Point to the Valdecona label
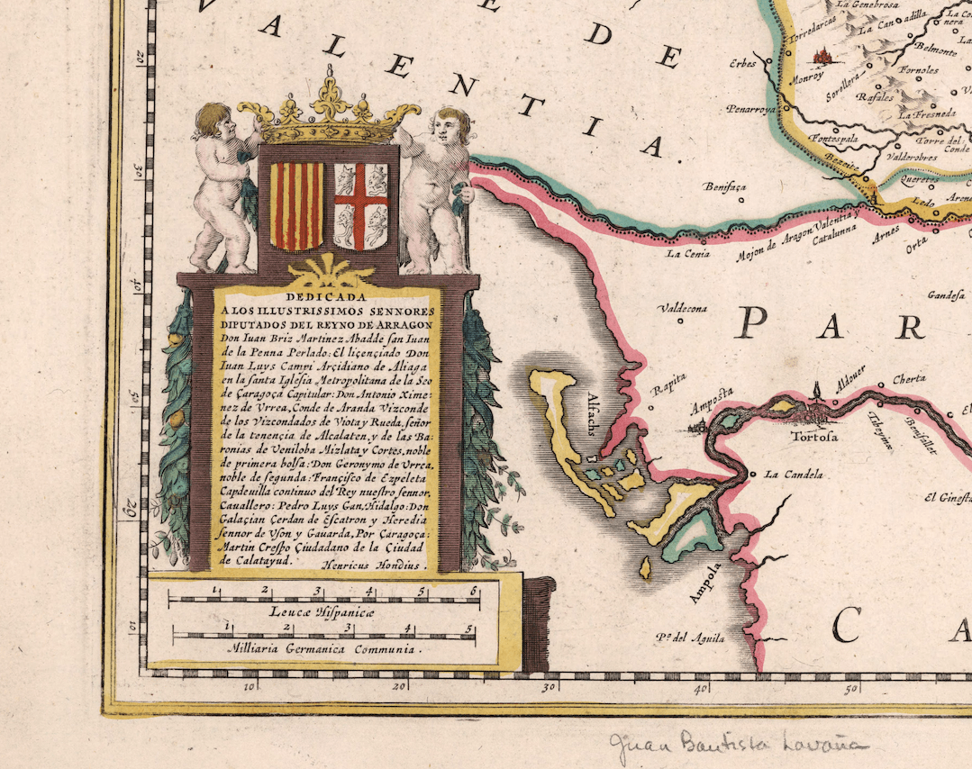tap(683, 308)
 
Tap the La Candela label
tap(789, 474)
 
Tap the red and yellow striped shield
tap(296, 205)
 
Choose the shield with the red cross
tap(360, 205)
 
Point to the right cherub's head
tap(451, 125)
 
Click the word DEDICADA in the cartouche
tap(326, 294)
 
